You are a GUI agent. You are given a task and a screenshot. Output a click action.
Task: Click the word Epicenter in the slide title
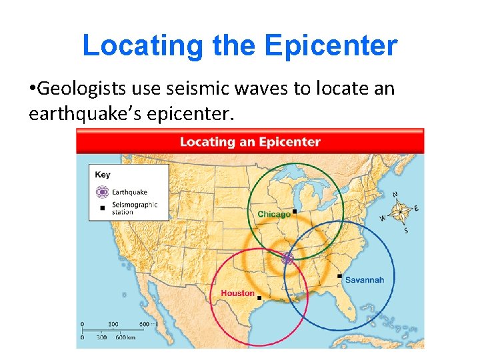(331, 46)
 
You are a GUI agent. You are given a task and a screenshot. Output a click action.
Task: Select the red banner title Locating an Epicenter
(250, 141)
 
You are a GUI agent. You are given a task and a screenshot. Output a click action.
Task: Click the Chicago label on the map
(273, 214)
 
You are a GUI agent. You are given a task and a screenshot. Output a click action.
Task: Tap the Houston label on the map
(237, 293)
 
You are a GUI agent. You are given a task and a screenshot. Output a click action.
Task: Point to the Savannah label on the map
(365, 280)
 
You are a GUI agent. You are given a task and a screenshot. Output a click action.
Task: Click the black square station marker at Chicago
(294, 211)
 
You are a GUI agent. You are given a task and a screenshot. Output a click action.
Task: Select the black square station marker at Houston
(259, 298)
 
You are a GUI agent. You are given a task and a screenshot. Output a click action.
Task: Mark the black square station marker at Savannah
(339, 275)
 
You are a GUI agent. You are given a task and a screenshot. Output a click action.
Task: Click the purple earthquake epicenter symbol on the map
(287, 259)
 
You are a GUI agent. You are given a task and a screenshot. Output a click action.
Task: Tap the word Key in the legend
(103, 175)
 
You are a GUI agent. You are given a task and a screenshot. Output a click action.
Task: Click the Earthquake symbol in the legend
(101, 192)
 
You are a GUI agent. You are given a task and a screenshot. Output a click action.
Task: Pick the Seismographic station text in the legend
(134, 209)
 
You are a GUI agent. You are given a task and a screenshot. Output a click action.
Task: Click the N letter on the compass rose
(396, 195)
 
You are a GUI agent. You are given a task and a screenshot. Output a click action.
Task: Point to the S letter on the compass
(406, 231)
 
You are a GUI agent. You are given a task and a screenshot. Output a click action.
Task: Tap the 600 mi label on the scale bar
(149, 324)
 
